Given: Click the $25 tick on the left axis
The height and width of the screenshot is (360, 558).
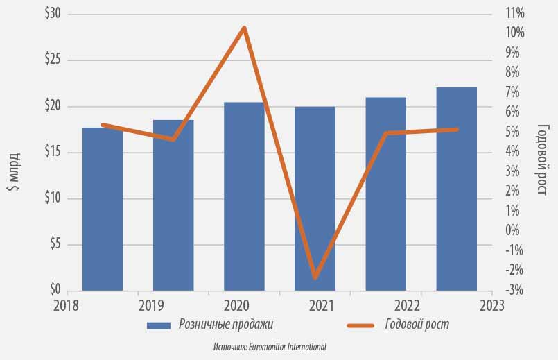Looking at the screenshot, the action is pos(53,60).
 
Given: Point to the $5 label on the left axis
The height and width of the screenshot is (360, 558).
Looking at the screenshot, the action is pos(55,244).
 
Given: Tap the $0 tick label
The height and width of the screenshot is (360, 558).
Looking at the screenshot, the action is pos(55,289).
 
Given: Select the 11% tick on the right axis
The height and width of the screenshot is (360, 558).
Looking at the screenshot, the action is pos(515,14).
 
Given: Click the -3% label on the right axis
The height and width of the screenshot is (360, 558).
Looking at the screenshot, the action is pos(514,290).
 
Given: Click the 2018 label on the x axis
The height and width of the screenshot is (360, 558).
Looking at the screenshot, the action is pos(66,305).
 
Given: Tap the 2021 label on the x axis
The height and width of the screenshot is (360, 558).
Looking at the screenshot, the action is pos(322,305).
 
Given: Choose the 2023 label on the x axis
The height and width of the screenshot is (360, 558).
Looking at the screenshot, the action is pos(492,305).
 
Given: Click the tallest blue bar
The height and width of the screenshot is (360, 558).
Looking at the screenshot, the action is pos(457,189).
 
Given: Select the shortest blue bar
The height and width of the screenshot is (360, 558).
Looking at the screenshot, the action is pos(103,209).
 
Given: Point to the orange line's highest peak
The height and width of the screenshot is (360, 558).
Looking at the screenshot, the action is pos(244,28).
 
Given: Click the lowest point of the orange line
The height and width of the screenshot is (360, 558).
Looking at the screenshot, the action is pos(315,277).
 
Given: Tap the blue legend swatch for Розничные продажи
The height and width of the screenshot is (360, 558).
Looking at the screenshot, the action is pos(159,325).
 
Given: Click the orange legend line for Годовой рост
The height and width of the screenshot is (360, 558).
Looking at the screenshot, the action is pos(360,325).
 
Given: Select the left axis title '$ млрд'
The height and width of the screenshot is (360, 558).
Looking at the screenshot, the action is pos(14,172).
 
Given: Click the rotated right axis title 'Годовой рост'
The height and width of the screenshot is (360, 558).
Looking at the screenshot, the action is pos(541,159).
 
